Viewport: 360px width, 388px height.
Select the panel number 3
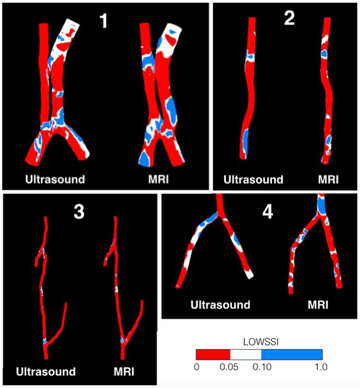click(x=79, y=211)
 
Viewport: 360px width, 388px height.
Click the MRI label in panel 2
click(x=328, y=179)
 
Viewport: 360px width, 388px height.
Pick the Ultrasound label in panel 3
click(x=46, y=372)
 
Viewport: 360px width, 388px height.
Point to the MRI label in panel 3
click(x=124, y=372)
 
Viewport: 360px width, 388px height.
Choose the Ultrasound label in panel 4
click(x=220, y=305)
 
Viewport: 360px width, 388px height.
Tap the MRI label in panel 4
click(x=318, y=305)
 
